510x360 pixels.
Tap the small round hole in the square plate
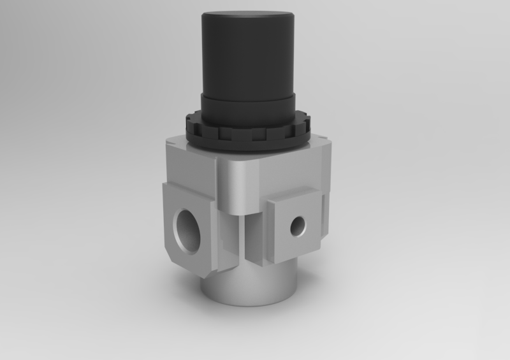click(297, 225)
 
